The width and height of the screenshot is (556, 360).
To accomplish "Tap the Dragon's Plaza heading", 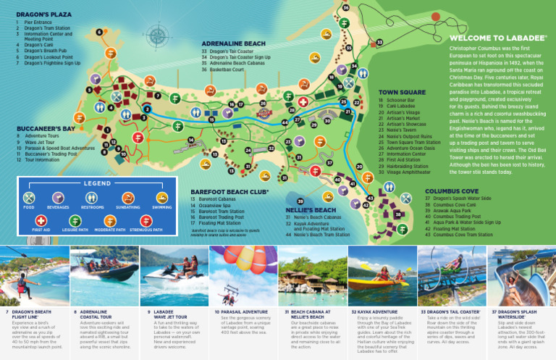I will (x=43, y=14).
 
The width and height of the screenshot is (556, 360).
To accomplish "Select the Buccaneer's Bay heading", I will (x=46, y=128).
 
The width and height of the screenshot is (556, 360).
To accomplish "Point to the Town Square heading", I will (x=402, y=93).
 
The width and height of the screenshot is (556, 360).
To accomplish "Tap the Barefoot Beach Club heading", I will (x=229, y=191).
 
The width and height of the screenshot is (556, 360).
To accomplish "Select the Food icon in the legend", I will (x=29, y=198).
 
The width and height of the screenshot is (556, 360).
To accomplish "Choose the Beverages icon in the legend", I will (x=59, y=198).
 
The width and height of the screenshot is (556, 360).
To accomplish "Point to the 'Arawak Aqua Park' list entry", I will (x=458, y=211).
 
